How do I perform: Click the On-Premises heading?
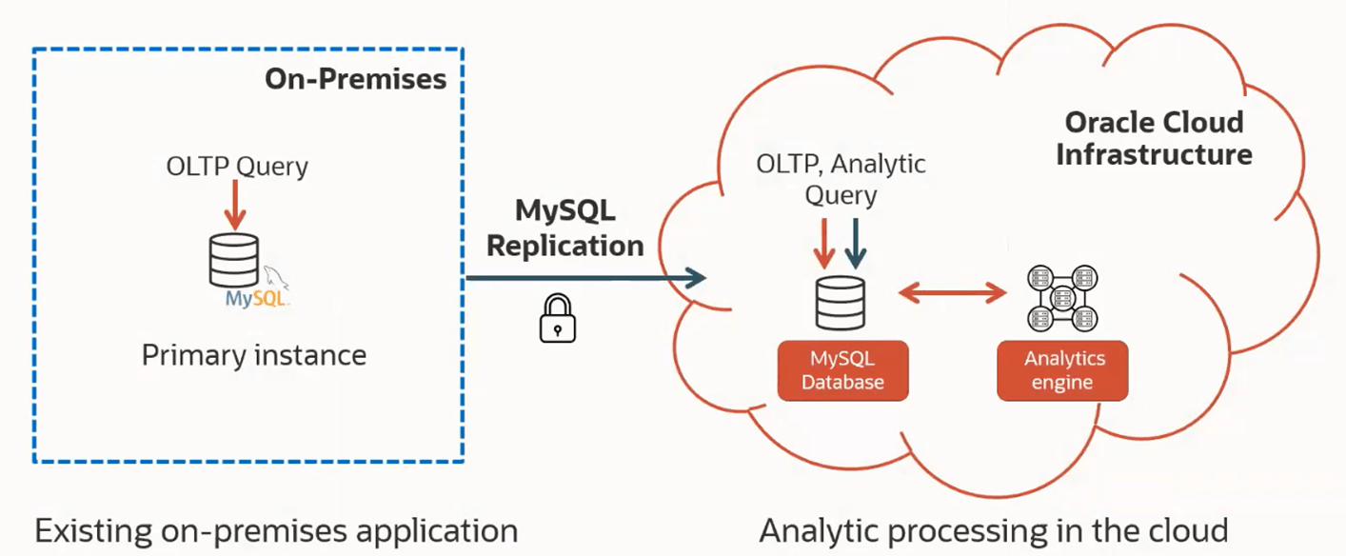coord(355,79)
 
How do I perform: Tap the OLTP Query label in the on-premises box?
coord(237,167)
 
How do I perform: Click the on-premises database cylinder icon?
coord(234,260)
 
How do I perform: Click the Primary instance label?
coord(254,355)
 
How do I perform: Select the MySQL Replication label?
coord(564,228)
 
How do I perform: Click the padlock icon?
coord(558,318)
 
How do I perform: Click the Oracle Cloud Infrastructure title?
coord(1154,138)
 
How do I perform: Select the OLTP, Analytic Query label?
coord(841,179)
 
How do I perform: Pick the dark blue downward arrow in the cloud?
coord(856,244)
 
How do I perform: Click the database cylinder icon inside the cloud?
coord(841,303)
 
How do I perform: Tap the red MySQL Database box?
coord(842,370)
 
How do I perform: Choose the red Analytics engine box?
coord(1062,370)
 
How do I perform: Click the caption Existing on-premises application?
coord(276,530)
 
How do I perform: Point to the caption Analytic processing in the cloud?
coord(994,530)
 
